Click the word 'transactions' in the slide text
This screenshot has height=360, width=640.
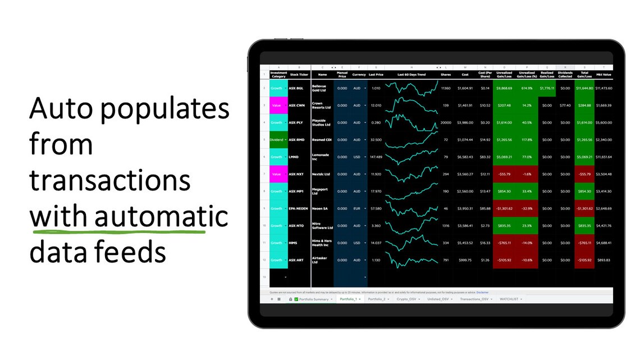(110, 181)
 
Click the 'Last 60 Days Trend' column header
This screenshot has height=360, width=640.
(411, 74)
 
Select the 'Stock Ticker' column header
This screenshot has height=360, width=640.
(299, 74)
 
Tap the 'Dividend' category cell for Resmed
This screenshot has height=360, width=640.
(278, 139)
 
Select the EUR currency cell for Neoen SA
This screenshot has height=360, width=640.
(357, 208)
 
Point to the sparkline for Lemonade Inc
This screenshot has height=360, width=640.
(411, 157)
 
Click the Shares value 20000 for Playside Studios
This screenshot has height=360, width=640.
(446, 122)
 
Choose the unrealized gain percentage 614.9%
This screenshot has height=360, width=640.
(526, 88)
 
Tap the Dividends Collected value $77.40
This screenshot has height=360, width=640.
(565, 105)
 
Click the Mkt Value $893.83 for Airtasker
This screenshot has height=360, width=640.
(604, 260)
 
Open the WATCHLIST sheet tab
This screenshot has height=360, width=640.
(510, 299)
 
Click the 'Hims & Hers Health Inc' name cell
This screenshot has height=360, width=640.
(322, 243)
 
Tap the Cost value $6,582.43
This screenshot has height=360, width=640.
(465, 157)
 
